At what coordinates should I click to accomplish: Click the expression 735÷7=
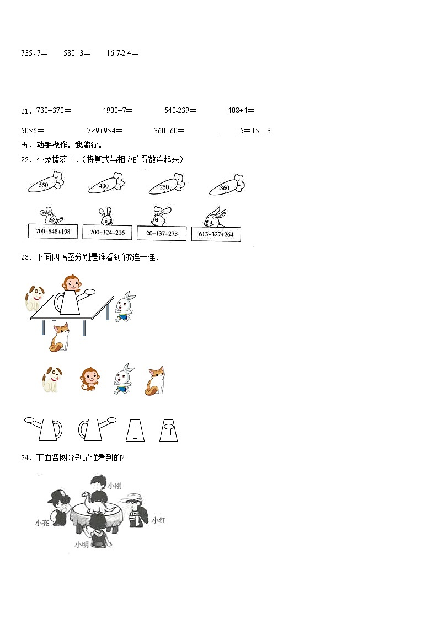point(34,53)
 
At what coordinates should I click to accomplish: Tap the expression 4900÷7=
point(117,110)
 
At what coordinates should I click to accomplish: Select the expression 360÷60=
point(169,131)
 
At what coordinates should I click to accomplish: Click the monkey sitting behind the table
point(71,284)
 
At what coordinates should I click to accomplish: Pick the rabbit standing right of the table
point(125,306)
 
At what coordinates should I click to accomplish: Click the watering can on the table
point(69,302)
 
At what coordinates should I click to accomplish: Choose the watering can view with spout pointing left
point(43,428)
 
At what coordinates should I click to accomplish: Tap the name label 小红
point(158,519)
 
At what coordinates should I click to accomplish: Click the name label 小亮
point(42,523)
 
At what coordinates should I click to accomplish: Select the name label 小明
point(82,545)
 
